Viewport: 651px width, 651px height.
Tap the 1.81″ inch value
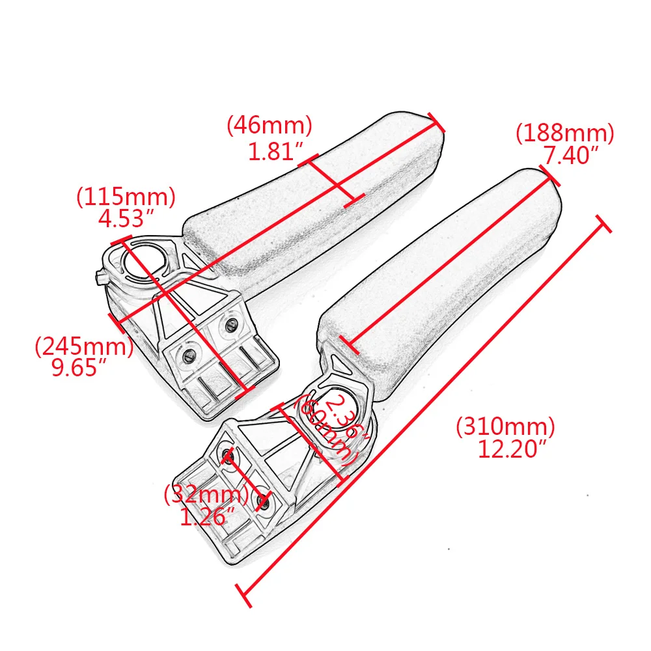pos(275,151)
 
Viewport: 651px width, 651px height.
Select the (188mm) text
pos(564,133)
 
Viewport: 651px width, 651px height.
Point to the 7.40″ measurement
pos(571,156)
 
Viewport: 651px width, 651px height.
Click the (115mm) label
pos(126,197)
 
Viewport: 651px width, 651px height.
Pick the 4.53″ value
pos(126,218)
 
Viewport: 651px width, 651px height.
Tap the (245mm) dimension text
pos(84,346)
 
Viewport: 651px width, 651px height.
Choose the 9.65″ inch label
pos(79,367)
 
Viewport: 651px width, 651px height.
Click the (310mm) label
pos(505,426)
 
